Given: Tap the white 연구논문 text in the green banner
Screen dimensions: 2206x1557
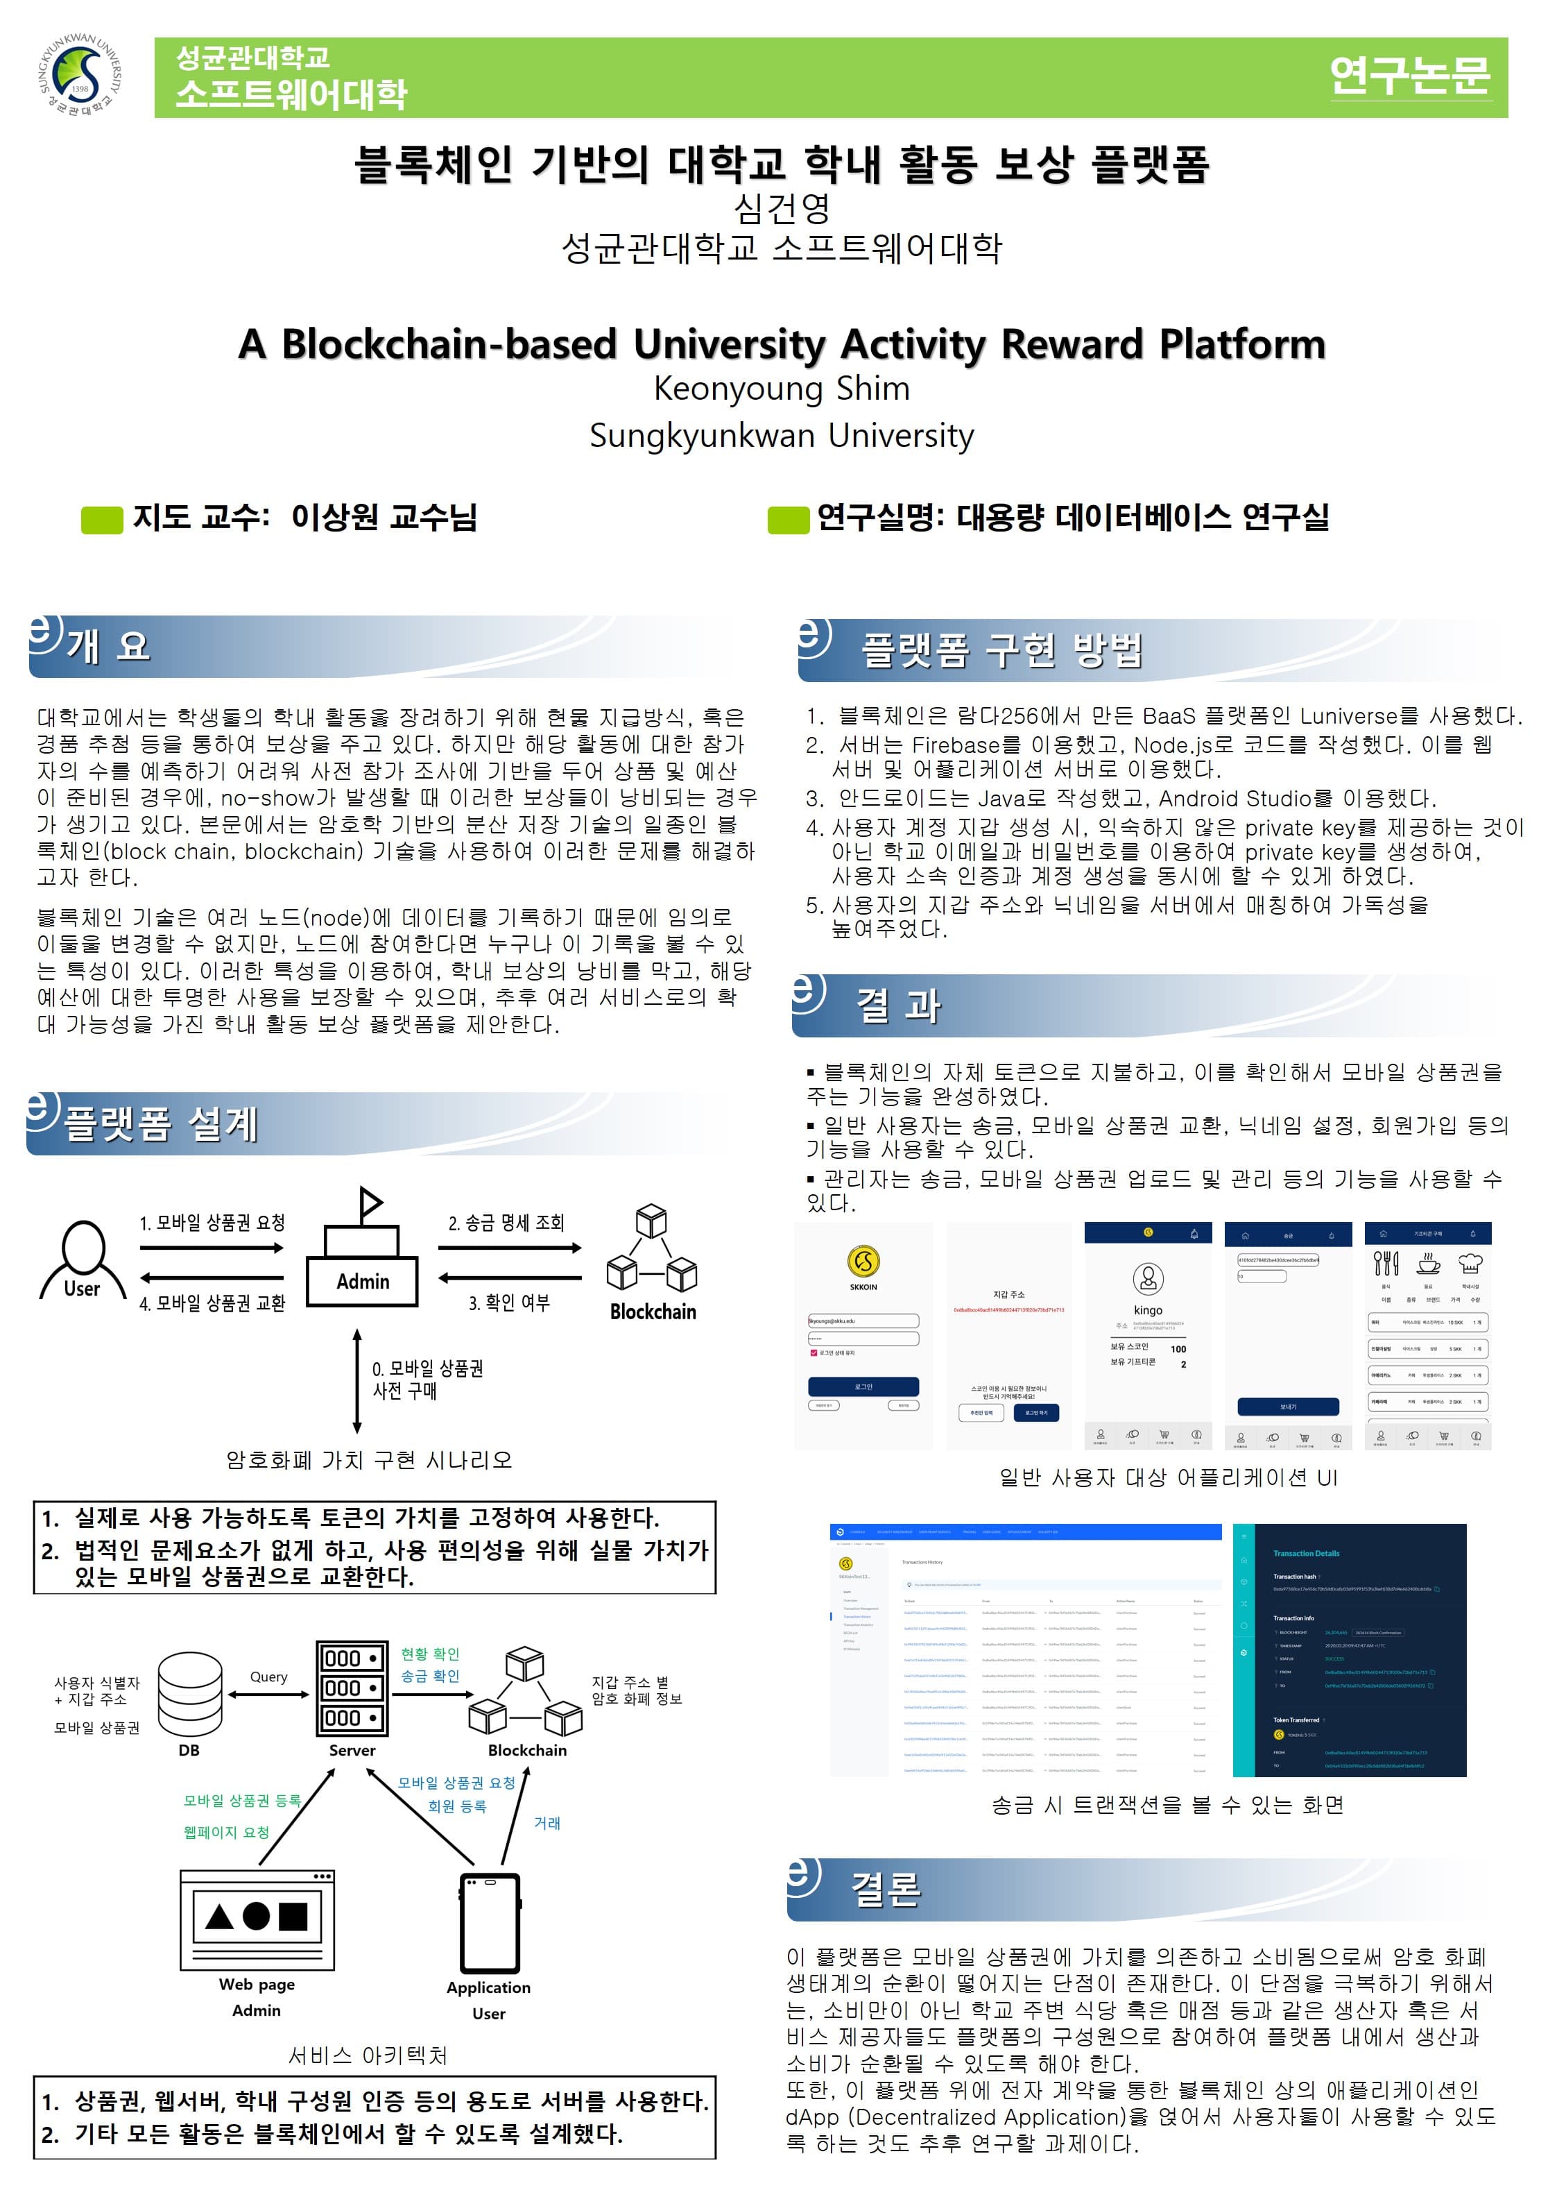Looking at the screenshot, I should [1409, 76].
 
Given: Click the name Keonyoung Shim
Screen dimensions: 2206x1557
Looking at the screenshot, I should [781, 388].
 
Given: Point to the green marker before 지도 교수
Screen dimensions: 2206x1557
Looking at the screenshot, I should [102, 520].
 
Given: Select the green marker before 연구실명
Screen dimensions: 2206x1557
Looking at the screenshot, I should [788, 520].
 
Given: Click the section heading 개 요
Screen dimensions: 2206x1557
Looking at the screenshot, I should [108, 645].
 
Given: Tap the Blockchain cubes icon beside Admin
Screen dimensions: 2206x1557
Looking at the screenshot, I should [651, 1248].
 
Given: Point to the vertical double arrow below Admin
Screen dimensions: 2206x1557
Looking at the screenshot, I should [357, 1381].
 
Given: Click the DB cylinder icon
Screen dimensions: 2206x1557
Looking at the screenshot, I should [189, 1694].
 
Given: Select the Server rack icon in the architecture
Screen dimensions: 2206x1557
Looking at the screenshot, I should [352, 1688].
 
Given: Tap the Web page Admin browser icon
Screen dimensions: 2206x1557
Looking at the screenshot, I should [257, 1918].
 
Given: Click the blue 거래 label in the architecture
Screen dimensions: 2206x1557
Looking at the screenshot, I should [547, 1823].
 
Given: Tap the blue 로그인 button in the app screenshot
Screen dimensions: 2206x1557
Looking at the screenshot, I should [863, 1386].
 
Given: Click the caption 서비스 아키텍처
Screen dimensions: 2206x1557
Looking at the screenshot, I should [368, 2055].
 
